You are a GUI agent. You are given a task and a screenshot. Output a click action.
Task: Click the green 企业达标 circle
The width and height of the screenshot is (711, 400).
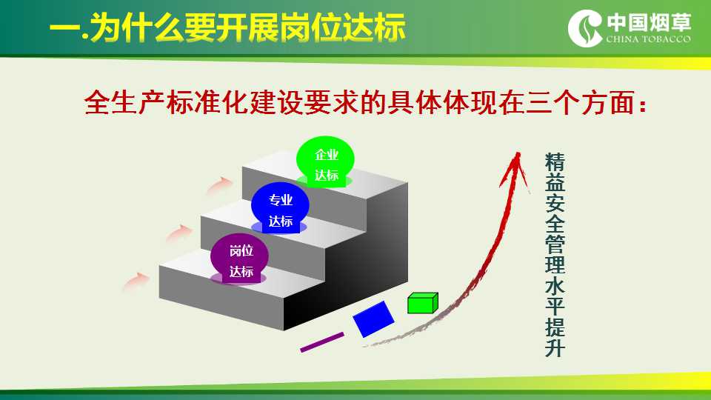pos(325,161)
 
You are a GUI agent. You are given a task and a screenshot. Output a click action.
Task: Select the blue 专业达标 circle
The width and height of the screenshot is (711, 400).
pos(280,207)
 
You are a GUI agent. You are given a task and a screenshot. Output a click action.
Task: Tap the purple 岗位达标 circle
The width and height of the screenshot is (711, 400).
pos(239,259)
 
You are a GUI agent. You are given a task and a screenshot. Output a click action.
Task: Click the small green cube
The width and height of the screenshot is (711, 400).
pos(423,303)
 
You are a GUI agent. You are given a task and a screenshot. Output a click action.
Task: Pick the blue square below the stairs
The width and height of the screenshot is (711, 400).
pos(373,319)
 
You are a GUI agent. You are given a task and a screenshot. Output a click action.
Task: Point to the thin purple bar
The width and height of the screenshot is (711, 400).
pos(322,342)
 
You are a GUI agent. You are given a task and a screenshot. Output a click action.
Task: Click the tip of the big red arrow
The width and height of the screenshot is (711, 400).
pos(518,153)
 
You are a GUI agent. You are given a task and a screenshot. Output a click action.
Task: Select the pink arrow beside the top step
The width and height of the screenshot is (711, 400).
pos(219,185)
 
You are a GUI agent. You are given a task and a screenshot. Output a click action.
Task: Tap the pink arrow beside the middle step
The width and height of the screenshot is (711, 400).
pos(179,233)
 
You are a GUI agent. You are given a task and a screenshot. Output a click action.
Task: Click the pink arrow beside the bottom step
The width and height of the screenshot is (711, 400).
pos(136,281)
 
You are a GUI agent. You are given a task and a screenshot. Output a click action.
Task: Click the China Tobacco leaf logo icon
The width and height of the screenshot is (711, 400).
pos(585,28)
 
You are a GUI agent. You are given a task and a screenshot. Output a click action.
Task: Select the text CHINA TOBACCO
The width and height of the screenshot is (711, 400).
pos(649,39)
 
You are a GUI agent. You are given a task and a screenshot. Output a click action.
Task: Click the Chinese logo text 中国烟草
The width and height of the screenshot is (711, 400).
pos(649,21)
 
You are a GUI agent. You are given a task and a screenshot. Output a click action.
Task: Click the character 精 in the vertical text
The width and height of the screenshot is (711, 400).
pos(555,162)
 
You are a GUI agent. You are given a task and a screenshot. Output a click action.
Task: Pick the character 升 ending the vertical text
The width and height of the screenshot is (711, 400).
pos(555,347)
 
